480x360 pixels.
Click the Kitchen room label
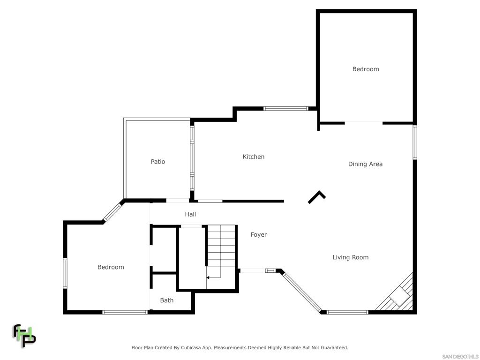(254, 157)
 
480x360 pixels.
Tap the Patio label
(158, 162)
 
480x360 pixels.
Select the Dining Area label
(365, 164)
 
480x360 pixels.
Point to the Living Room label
(351, 257)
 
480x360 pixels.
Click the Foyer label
(259, 235)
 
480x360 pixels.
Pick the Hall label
(190, 214)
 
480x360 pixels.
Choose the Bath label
(167, 300)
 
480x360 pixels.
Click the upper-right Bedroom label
(366, 69)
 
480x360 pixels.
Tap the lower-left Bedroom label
(111, 267)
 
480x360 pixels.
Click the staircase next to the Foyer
(221, 251)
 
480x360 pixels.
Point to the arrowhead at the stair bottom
(208, 277)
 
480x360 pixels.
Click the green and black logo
(24, 336)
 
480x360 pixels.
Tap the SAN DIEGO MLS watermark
(460, 357)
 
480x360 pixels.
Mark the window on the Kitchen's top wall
(286, 108)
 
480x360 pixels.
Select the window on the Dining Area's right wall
(415, 142)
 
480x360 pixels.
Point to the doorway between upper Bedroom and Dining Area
(364, 123)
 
